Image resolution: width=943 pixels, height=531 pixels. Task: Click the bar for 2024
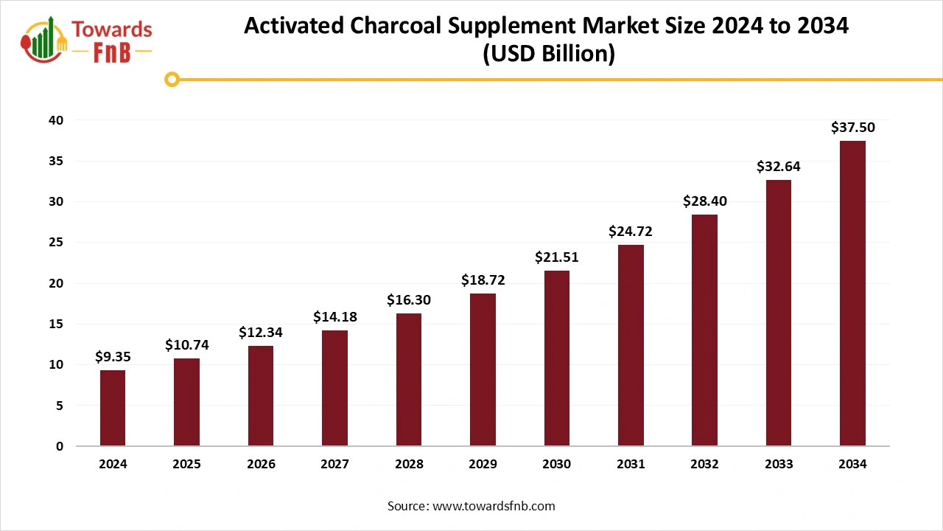(x=113, y=408)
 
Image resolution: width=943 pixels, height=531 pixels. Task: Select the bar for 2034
(x=852, y=294)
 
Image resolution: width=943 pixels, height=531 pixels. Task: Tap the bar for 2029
(x=483, y=369)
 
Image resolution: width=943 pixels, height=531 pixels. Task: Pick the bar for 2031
(x=631, y=345)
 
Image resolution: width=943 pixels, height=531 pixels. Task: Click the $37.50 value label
(x=852, y=128)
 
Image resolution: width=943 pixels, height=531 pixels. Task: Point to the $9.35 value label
(x=113, y=357)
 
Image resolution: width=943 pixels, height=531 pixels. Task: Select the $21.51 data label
(x=556, y=257)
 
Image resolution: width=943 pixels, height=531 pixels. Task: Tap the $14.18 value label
(x=334, y=317)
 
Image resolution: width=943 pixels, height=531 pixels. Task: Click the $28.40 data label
(x=704, y=201)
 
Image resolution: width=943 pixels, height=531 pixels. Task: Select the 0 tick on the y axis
(x=60, y=446)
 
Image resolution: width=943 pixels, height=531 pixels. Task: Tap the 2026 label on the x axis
(x=261, y=464)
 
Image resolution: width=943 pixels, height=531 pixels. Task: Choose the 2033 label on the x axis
(x=779, y=464)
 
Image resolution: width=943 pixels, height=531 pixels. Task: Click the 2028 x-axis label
(x=409, y=464)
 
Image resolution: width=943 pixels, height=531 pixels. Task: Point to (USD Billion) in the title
(x=547, y=54)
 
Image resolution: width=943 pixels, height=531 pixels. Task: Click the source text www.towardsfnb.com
(x=493, y=506)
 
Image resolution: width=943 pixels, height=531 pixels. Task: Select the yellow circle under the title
(x=172, y=79)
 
